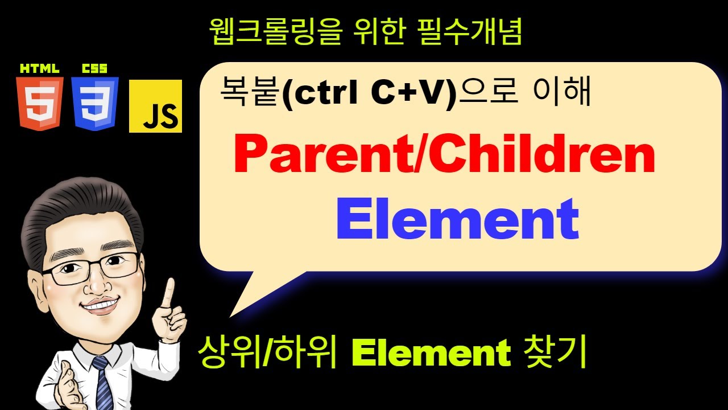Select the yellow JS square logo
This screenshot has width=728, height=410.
coord(155,106)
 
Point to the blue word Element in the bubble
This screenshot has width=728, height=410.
coord(457,220)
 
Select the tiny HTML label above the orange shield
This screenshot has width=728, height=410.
coord(39,69)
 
